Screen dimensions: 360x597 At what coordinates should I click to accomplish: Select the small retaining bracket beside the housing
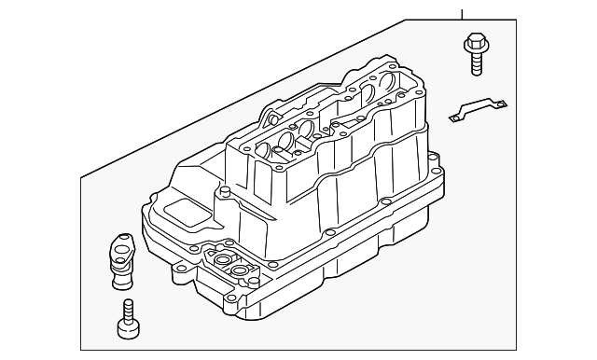pyautogui.click(x=478, y=112)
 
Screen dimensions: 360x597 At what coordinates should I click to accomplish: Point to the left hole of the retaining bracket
pyautogui.click(x=457, y=117)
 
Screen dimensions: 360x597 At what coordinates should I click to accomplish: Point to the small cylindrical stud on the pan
pyautogui.click(x=223, y=193)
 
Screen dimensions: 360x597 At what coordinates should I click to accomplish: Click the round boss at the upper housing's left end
pyautogui.click(x=271, y=117)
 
